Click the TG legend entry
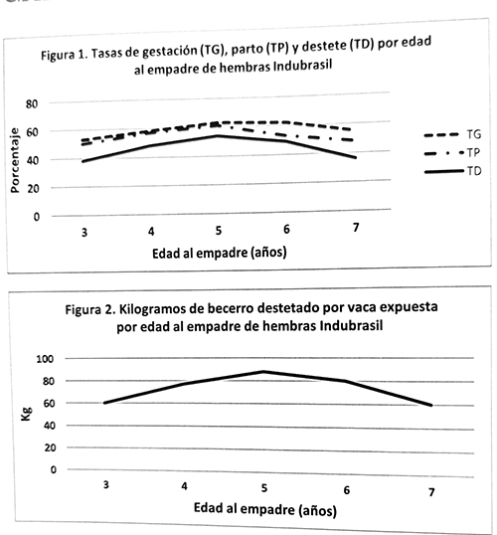pos(452,134)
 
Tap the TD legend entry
pos(453,171)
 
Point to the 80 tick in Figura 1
pos(32,103)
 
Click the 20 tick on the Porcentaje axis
pos(34,188)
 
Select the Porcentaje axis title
pos(15,160)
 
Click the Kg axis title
pos(26,414)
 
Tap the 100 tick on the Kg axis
pos(45,359)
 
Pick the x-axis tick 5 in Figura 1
pos(219,231)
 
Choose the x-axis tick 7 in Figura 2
pos(431,492)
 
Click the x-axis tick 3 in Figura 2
pos(106,484)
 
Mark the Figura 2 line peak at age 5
pos(263,371)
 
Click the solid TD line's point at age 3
pos(83,161)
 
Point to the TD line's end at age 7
pos(356,157)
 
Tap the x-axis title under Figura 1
pos(220,253)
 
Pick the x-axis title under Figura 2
pos(265,509)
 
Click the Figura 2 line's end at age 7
pos(431,405)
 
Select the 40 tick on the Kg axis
pos(50,426)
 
